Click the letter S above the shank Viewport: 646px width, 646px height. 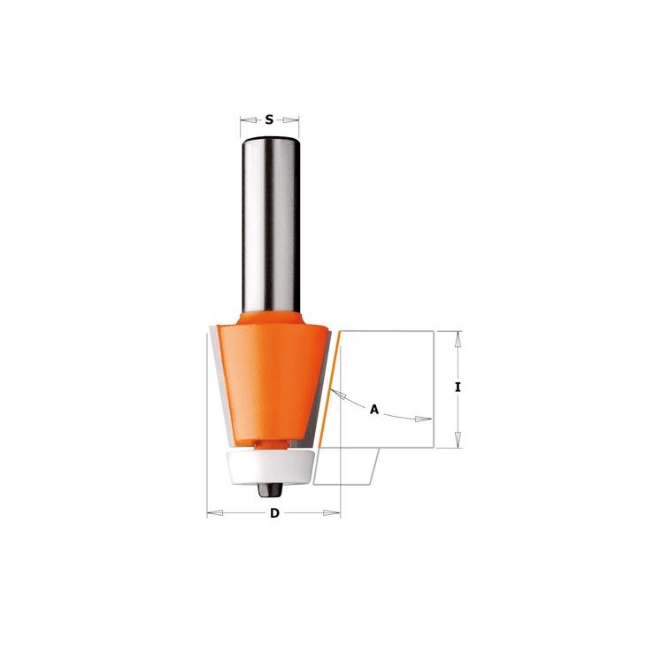click(x=269, y=119)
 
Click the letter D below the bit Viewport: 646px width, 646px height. click(x=274, y=513)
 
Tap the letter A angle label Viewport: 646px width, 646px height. click(x=374, y=410)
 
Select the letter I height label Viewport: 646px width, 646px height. click(x=458, y=388)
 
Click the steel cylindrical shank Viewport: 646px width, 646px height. click(x=270, y=225)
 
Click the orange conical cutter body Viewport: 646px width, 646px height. click(x=270, y=383)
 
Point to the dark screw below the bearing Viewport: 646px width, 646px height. click(x=270, y=490)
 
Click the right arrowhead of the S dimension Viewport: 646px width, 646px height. click(x=291, y=120)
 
